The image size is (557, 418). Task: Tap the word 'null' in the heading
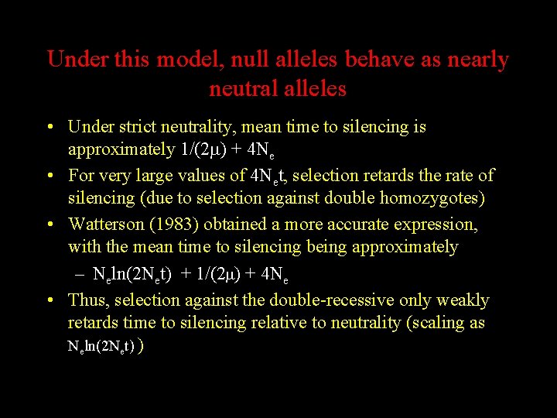click(x=250, y=60)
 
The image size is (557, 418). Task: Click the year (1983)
click(x=177, y=224)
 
